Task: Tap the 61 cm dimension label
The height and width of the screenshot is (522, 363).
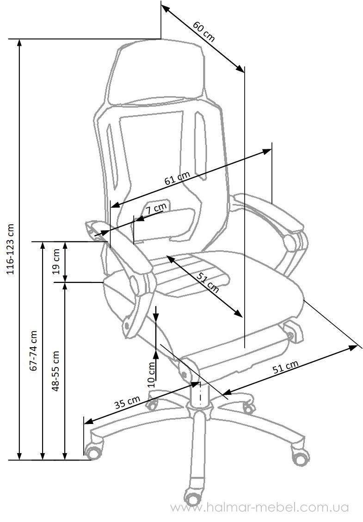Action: [x=177, y=178]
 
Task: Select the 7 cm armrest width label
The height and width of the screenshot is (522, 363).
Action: [x=156, y=209]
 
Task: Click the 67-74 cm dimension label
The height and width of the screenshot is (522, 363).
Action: [x=33, y=350]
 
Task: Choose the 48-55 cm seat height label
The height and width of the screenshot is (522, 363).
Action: [x=55, y=370]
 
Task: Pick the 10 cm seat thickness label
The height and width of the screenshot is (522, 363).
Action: [x=152, y=374]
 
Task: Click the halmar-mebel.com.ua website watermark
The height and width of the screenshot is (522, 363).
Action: [x=260, y=508]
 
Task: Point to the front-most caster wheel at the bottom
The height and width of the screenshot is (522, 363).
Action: [x=192, y=498]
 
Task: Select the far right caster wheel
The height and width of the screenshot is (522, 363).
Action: [x=300, y=457]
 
